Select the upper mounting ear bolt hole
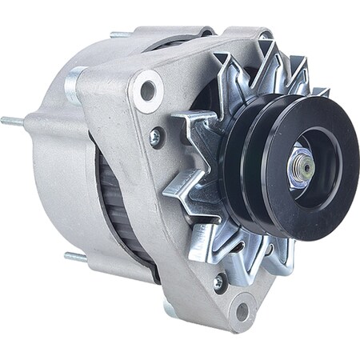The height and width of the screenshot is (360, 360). click(147, 90)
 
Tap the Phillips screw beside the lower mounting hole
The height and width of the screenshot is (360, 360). click(218, 281)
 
